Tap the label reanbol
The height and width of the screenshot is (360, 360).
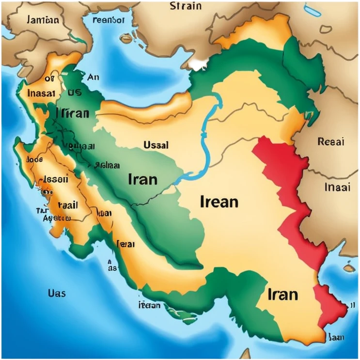108,21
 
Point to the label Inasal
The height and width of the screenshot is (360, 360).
41,94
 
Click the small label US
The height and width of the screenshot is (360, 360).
74,93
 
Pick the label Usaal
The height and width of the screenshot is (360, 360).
156,145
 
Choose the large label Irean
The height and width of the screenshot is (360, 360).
219,201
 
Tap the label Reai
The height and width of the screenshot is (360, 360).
330,141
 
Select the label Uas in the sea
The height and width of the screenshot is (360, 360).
57,293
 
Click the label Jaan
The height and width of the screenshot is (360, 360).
336,337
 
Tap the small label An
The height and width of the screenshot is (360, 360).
93,77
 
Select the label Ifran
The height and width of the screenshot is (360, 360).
73,113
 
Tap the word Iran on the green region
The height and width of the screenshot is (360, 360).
143,179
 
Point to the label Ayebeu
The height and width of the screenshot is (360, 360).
57,218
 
